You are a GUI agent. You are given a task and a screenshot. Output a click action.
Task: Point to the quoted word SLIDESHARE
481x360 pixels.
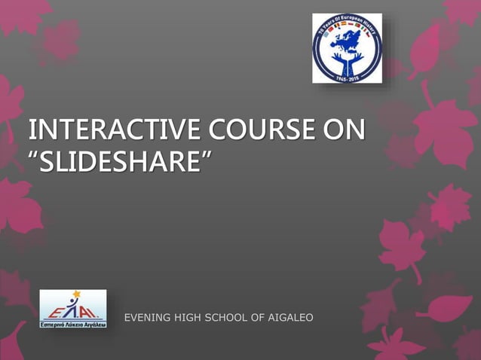121,160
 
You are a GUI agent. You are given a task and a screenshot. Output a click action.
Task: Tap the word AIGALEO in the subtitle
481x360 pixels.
290,318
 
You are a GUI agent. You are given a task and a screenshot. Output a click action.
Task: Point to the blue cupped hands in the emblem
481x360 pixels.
348,59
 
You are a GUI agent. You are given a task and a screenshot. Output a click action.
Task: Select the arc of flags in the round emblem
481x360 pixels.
348,32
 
